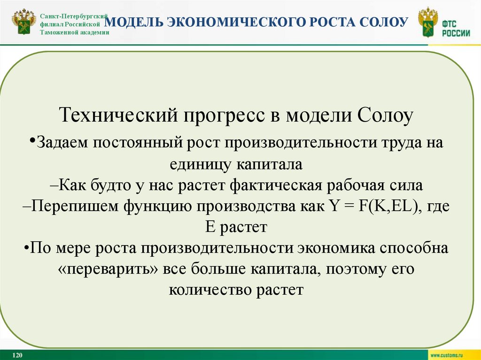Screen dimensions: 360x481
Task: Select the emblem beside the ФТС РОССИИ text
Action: click(x=427, y=23)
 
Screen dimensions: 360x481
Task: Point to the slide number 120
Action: click(x=18, y=354)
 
